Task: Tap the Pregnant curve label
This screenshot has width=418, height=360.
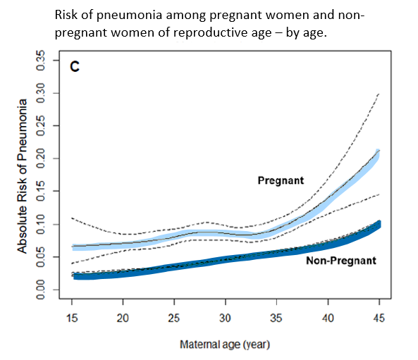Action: (281, 180)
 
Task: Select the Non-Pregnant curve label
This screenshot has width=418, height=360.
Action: (341, 261)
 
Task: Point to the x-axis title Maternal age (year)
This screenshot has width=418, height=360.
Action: (225, 345)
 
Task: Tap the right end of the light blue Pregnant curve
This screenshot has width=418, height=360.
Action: (379, 153)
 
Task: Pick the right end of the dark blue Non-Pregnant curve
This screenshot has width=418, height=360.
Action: (379, 224)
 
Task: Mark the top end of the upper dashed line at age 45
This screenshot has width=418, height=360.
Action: (379, 93)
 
